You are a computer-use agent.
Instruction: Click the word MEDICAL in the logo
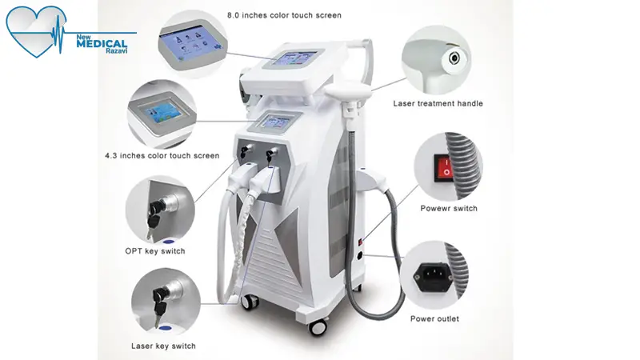pyautogui.click(x=102, y=44)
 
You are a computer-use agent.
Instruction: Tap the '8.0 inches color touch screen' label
pyautogui.click(x=284, y=15)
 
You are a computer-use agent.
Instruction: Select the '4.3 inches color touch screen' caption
pyautogui.click(x=162, y=155)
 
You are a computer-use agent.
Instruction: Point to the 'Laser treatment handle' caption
pyautogui.click(x=438, y=104)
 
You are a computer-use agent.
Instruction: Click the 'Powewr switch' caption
pyautogui.click(x=449, y=208)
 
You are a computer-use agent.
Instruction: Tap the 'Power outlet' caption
pyautogui.click(x=434, y=318)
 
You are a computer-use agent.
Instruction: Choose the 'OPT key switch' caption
pyautogui.click(x=155, y=251)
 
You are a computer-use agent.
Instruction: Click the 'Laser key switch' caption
pyautogui.click(x=163, y=346)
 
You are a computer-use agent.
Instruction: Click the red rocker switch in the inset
pyautogui.click(x=444, y=167)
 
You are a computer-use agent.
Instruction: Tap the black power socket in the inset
pyautogui.click(x=433, y=275)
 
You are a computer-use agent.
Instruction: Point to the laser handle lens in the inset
pyautogui.click(x=454, y=58)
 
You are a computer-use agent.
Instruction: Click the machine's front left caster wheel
pyautogui.click(x=250, y=302)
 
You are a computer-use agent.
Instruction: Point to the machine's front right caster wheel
pyautogui.click(x=318, y=326)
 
